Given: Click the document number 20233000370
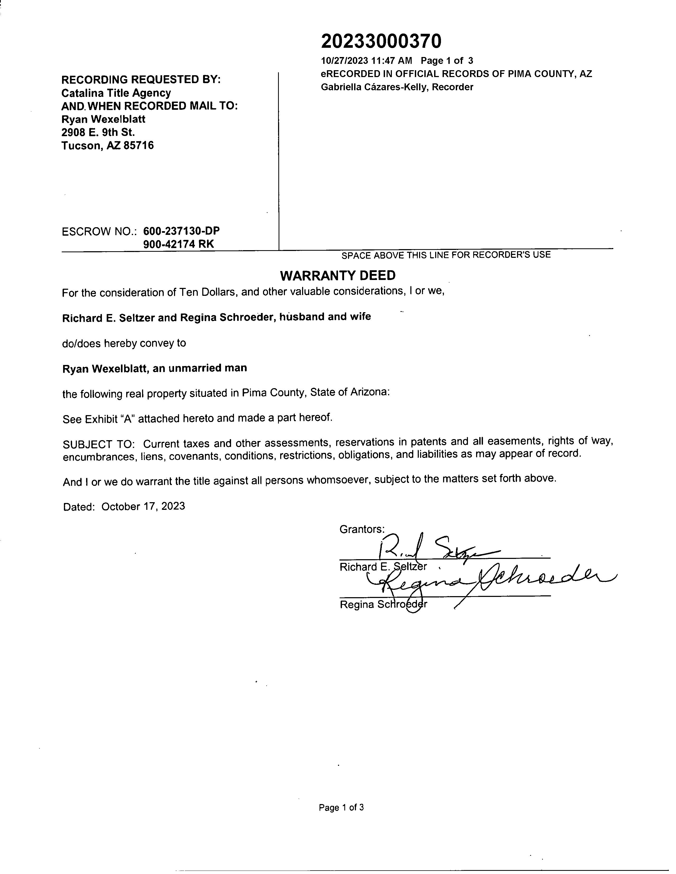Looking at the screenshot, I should click(381, 41).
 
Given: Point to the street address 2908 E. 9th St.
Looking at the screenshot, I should click(98, 132).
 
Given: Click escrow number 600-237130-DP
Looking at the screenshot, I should click(181, 231).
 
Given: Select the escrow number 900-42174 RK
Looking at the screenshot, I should click(179, 244).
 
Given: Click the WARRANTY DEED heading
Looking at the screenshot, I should click(337, 275).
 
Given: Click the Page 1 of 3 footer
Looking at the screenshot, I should click(341, 807).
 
